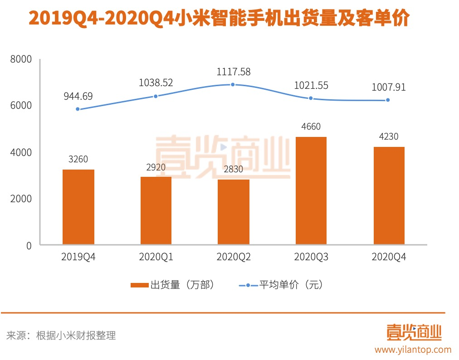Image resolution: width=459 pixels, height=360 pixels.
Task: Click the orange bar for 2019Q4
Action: [x=78, y=207]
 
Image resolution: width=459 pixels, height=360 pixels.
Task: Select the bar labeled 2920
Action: [x=156, y=211]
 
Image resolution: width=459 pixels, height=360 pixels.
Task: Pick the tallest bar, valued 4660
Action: [x=311, y=191]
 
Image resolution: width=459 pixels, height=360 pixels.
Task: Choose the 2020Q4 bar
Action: [x=389, y=196]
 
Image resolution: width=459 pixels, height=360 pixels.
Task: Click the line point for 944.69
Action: [x=78, y=109]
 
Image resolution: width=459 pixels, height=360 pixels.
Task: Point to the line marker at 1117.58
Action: [x=233, y=84]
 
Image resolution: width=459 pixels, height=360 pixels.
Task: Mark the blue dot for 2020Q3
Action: [x=311, y=98]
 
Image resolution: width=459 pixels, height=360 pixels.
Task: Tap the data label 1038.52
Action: [x=156, y=83]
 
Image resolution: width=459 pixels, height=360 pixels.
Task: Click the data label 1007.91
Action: [x=389, y=87]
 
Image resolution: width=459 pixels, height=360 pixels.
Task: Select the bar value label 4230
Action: [x=389, y=136]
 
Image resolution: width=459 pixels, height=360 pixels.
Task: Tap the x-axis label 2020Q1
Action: [x=156, y=257]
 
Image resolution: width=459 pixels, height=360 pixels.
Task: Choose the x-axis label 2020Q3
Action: [x=311, y=257]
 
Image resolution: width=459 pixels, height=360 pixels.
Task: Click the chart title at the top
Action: [x=220, y=19]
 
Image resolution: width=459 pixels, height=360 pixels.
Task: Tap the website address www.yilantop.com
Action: [x=413, y=350]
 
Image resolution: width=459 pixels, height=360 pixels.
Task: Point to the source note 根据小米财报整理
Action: [x=76, y=336]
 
